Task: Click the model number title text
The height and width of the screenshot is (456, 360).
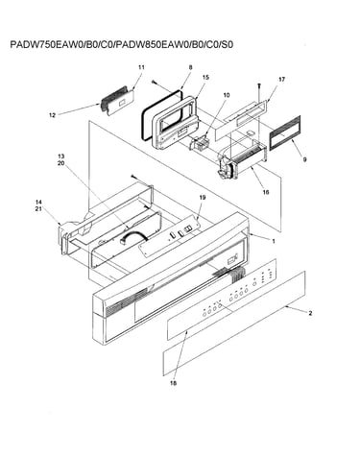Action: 122,44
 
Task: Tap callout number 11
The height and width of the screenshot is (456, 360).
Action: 141,67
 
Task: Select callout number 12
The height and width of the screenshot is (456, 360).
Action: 52,115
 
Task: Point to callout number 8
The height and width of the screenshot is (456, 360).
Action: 191,67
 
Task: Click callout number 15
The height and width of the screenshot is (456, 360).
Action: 205,77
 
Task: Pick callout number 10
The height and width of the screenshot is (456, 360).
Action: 227,95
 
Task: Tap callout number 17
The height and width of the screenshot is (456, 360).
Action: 281,79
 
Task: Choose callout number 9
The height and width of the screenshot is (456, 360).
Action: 304,159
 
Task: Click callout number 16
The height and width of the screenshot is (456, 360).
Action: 266,192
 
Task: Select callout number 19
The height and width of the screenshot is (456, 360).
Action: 203,198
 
